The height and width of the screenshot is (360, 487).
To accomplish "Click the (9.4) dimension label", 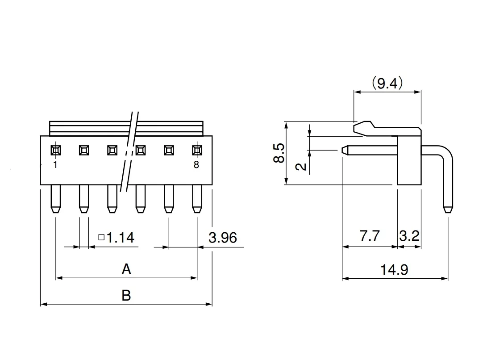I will (x=387, y=84).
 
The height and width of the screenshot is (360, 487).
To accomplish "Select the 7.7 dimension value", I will (x=370, y=236).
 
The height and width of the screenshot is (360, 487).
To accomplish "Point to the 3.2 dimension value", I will (x=409, y=236).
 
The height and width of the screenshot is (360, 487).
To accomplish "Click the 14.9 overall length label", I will (x=394, y=270).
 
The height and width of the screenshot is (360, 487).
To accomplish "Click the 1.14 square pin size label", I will (x=117, y=237).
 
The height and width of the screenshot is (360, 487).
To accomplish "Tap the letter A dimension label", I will (x=126, y=269).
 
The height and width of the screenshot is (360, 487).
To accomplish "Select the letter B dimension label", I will (x=126, y=295).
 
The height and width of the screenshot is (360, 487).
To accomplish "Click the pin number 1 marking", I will (x=55, y=165).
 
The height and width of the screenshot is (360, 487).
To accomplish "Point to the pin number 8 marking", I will (x=196, y=165).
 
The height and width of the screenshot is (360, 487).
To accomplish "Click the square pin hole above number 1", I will (x=55, y=150).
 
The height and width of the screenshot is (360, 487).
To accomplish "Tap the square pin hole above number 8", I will (x=197, y=150).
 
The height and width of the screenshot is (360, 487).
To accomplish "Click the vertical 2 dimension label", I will (x=302, y=167).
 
